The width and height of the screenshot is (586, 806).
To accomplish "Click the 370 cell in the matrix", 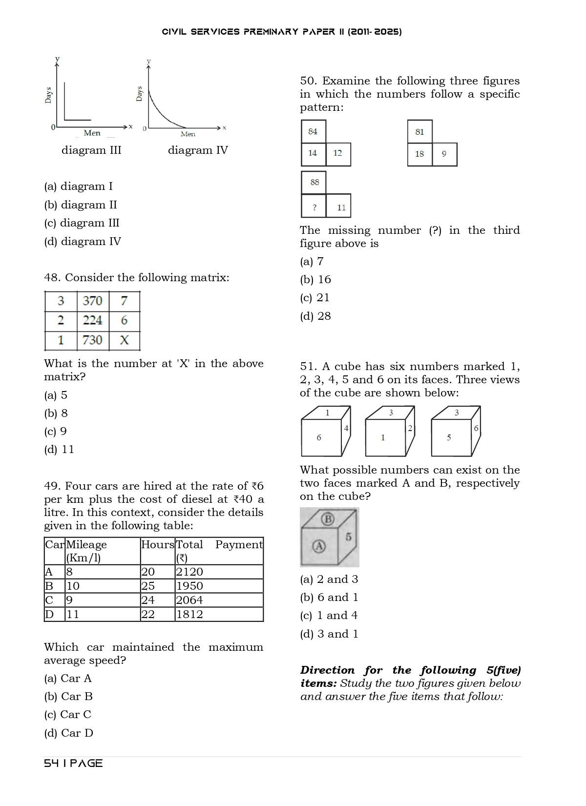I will tap(92, 301).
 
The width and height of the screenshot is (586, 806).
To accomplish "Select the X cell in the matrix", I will tap(124, 340).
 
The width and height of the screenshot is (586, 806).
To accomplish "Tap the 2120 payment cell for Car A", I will tap(189, 572).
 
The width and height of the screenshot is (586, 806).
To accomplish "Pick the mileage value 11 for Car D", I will tap(72, 614).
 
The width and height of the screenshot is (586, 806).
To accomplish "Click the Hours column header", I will tap(157, 545).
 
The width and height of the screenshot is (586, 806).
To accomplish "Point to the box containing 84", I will tap(313, 131).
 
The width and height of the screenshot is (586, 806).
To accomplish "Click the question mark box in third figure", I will tap(314, 207).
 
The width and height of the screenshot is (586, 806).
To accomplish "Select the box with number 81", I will tap(419, 132).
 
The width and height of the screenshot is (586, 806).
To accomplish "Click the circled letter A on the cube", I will tap(319, 546).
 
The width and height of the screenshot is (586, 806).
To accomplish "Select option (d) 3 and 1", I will tap(329, 634).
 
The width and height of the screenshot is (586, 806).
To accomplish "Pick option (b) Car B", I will tap(68, 696).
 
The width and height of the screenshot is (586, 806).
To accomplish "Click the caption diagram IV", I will tap(198, 150).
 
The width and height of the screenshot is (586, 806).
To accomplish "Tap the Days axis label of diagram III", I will tap(48, 95).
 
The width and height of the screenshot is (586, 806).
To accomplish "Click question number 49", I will tap(52, 486).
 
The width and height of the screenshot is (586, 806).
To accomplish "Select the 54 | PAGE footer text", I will tap(73, 763).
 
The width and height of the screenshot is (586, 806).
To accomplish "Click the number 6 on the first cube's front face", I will tap(319, 437).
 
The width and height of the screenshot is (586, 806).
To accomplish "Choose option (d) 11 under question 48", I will tap(59, 449).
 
